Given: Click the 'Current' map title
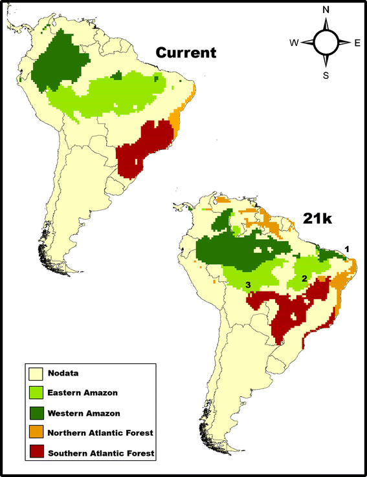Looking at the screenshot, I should [184, 52].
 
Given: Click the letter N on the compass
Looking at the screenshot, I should [326, 10].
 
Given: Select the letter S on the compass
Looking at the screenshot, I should [326, 75].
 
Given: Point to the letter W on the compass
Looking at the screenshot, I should [295, 43].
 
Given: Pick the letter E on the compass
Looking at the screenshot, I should [357, 43].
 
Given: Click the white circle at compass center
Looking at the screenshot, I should [326, 43].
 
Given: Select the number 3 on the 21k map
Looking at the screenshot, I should [247, 284].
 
